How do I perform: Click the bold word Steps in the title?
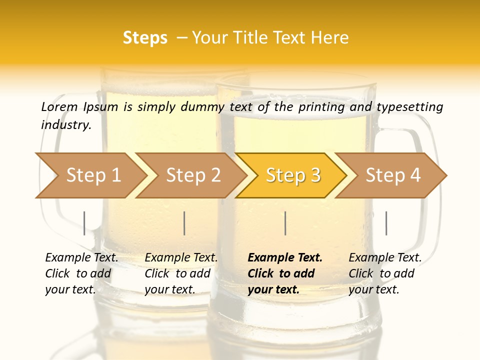coord(145,38)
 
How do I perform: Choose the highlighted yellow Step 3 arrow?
coord(293,175)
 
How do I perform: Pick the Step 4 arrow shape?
coord(393,175)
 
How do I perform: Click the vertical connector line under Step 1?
coord(84,223)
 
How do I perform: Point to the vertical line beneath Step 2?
coord(184,223)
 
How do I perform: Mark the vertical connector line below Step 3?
coord(285,223)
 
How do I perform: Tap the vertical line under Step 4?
coord(386,223)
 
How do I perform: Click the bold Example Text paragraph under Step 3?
coord(285,273)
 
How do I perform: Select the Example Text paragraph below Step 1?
coord(81,273)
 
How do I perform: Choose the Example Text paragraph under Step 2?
coord(181,273)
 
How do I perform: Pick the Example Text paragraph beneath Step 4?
coord(385,273)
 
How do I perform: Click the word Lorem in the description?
coord(59,106)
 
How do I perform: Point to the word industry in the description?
coord(66,125)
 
